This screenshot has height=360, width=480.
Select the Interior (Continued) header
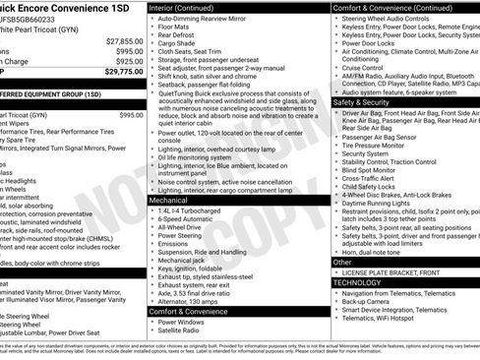pos(191,7)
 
